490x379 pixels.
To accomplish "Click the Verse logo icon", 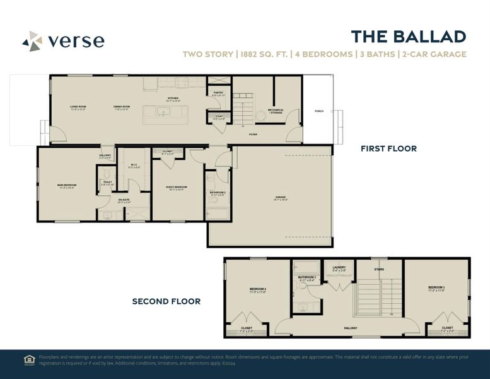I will [32, 41].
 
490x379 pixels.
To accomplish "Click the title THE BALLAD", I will [408, 37].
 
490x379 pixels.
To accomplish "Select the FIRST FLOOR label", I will [388, 149].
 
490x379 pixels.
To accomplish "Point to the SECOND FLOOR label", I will [166, 301].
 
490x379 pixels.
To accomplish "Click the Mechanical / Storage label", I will [276, 111].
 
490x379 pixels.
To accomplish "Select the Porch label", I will [318, 111].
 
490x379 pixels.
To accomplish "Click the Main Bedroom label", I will [66, 185].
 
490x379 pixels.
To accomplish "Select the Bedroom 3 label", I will [436, 287].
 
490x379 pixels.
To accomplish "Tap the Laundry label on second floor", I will [339, 267].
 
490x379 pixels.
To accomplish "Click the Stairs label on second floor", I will [379, 268].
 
